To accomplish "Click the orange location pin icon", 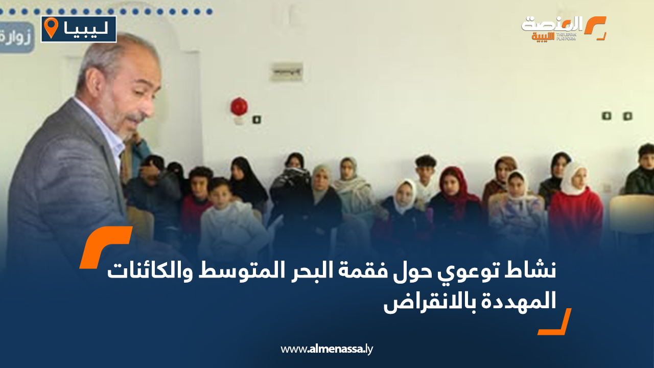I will (x=51, y=28).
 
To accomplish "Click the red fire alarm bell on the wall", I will (x=239, y=106).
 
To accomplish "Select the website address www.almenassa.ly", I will (x=327, y=350).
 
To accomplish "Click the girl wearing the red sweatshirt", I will (x=575, y=204).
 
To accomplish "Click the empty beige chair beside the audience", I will (x=632, y=215).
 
